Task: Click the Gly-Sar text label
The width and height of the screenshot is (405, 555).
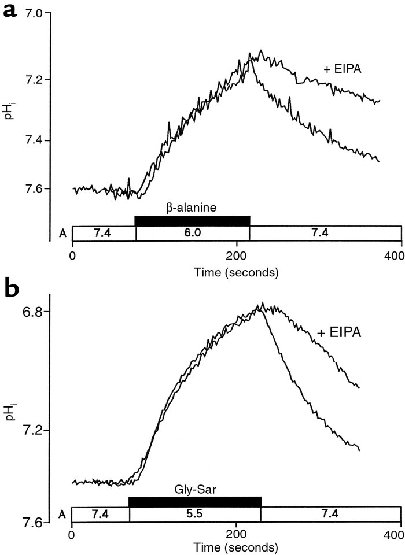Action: point(195,487)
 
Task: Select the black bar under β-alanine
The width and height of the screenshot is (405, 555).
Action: point(192,220)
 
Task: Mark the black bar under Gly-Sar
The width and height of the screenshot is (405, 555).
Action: point(195,501)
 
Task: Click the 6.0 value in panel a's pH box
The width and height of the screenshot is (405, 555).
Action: point(192,233)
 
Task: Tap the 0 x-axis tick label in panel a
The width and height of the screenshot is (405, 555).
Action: point(72,256)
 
